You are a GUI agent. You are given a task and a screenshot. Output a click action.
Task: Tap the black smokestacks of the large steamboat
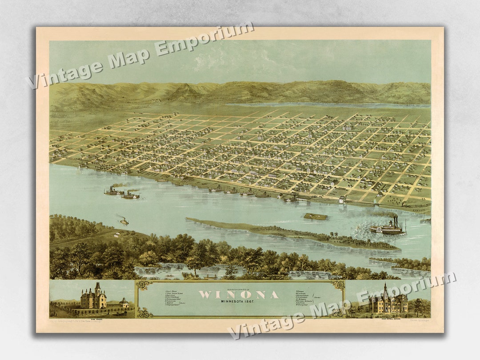tap(395, 221)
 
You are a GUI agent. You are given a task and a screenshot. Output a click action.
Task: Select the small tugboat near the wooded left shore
tap(124, 221)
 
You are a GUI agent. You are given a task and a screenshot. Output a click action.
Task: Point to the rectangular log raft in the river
tap(316, 216)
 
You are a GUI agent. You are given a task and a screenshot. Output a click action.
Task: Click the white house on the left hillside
tap(117, 234)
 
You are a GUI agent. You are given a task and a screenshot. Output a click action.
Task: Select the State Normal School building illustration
tap(388, 301)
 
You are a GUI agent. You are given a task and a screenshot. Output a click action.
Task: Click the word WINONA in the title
tap(239, 295)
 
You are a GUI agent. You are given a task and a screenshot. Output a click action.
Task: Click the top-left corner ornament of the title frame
tap(144, 285)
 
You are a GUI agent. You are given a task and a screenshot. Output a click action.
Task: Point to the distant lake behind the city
tap(329, 105)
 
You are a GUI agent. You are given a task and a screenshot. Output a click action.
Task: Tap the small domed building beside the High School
tap(124, 303)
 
